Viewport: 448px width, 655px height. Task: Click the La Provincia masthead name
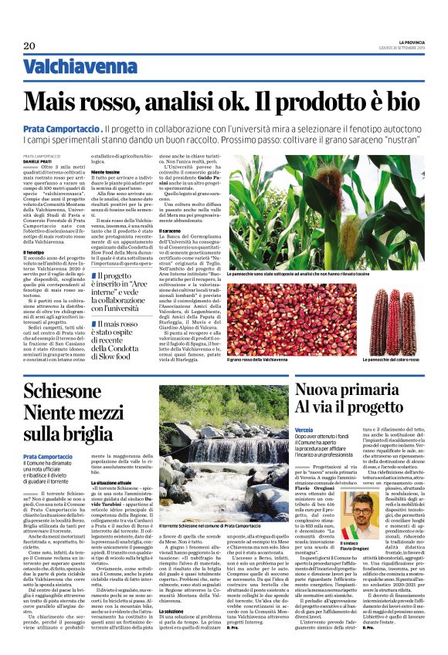tap(406, 42)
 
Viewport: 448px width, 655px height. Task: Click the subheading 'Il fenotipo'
tap(34, 252)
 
